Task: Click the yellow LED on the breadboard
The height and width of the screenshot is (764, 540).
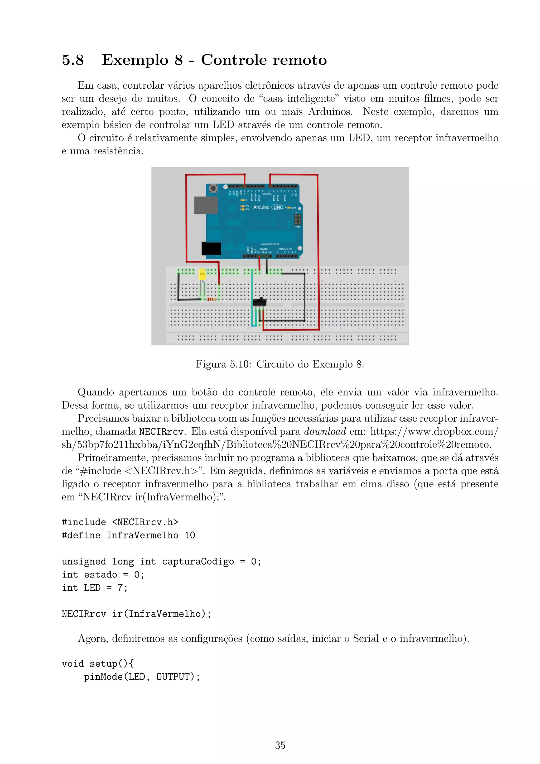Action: (202, 275)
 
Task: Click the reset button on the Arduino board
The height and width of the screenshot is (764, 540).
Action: (213, 189)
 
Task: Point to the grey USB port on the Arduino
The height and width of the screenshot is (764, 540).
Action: (205, 205)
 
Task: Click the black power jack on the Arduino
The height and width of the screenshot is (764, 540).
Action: (211, 249)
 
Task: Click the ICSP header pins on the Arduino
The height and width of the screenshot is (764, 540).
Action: (297, 219)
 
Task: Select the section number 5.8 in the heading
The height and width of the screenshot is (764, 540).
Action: (73, 60)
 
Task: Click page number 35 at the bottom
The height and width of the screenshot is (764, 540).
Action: (280, 745)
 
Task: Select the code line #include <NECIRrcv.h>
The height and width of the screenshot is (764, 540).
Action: (120, 522)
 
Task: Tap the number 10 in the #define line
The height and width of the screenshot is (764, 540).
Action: (190, 535)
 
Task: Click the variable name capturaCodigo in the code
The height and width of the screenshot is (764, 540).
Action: (198, 561)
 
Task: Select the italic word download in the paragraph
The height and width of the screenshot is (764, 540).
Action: (325, 432)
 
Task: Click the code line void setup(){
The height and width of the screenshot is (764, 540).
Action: (98, 663)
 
